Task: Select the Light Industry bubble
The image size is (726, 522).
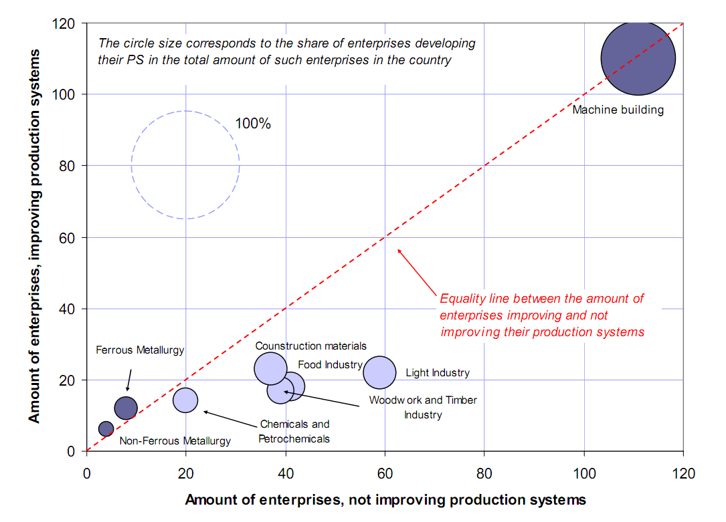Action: [379, 372]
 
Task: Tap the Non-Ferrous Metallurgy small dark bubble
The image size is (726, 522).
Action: [106, 428]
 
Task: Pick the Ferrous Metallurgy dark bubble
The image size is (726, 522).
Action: [126, 408]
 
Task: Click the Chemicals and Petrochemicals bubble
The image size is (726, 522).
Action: [185, 400]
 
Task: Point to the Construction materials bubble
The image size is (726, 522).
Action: [270, 368]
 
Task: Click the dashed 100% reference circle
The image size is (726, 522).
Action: [185, 112]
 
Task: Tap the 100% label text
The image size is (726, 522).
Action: [253, 124]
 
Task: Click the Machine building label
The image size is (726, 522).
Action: [618, 110]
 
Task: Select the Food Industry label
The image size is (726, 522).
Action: [330, 365]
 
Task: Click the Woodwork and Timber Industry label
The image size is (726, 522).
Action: [423, 407]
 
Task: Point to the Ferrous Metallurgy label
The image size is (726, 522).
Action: [140, 350]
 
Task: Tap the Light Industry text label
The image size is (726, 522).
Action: [438, 373]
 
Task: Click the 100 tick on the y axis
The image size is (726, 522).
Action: [71, 94]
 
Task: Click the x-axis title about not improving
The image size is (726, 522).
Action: [385, 500]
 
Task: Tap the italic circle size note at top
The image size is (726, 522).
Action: [286, 51]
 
